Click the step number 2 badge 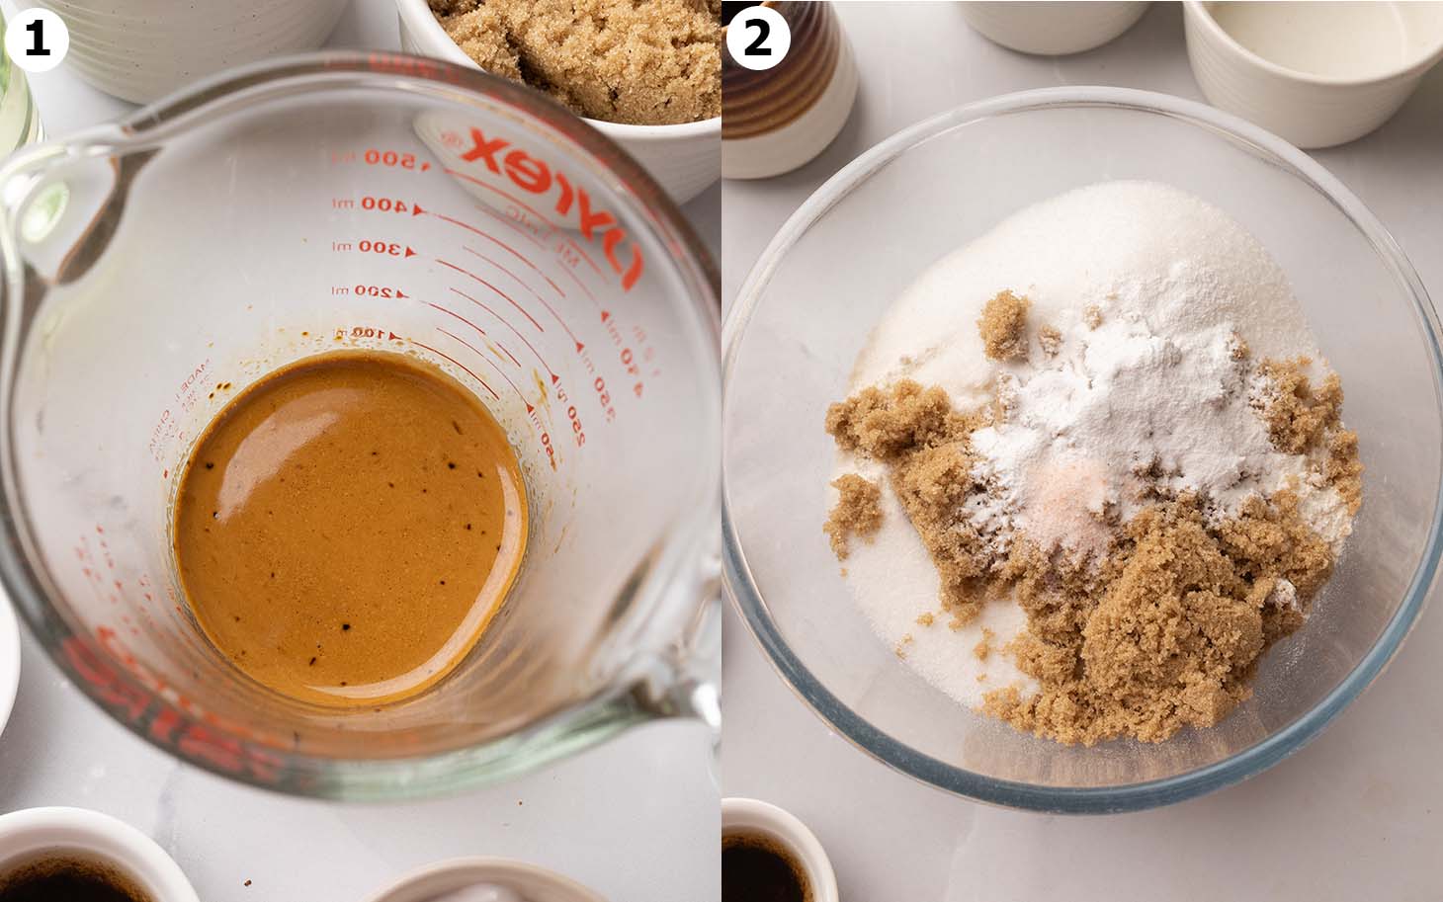(758, 38)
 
